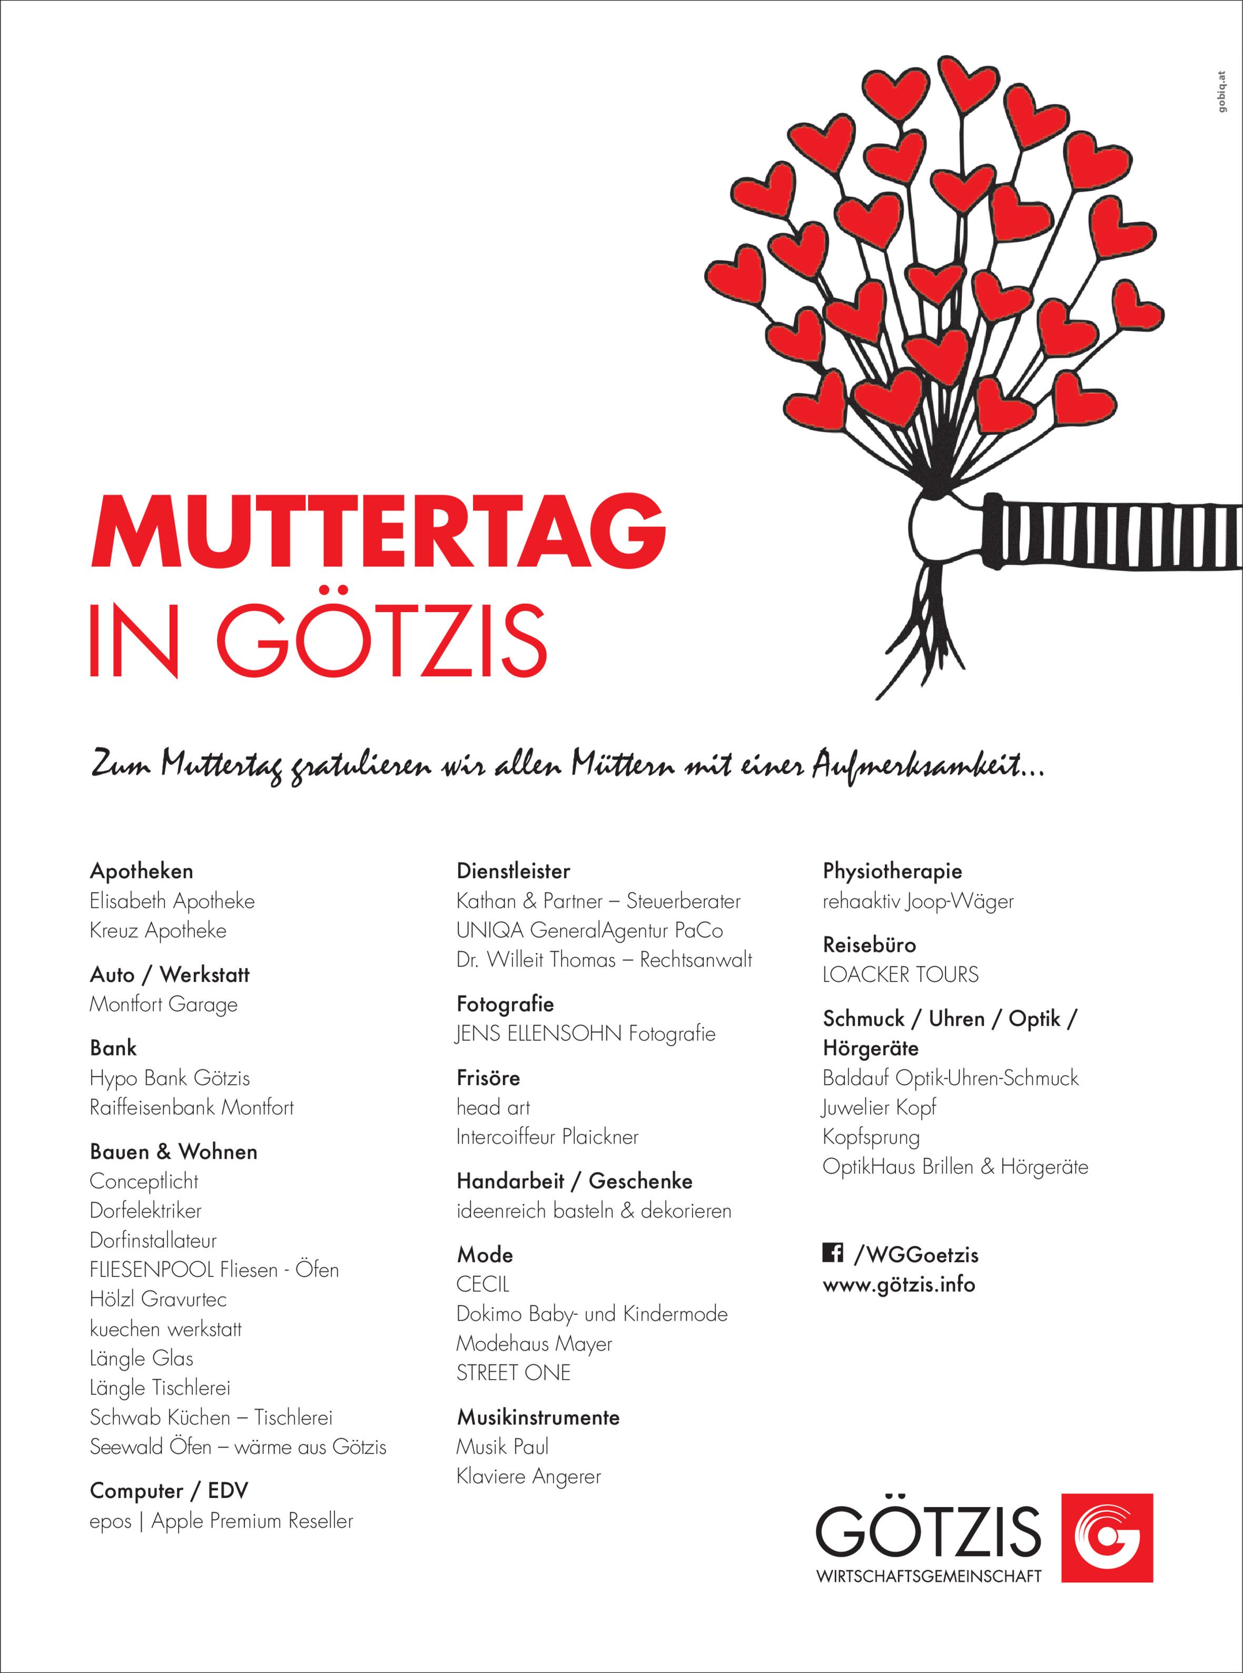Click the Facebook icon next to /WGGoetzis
click(832, 1253)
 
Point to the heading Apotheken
click(142, 871)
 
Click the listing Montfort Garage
click(163, 1005)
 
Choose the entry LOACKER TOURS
click(901, 975)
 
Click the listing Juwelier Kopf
click(879, 1108)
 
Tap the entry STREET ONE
click(513, 1373)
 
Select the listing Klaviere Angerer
click(528, 1477)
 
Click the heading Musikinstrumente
click(538, 1418)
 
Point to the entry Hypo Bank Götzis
click(169, 1078)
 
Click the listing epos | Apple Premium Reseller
click(221, 1521)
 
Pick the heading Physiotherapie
click(892, 871)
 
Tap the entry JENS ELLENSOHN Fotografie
click(585, 1034)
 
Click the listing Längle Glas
click(142, 1359)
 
